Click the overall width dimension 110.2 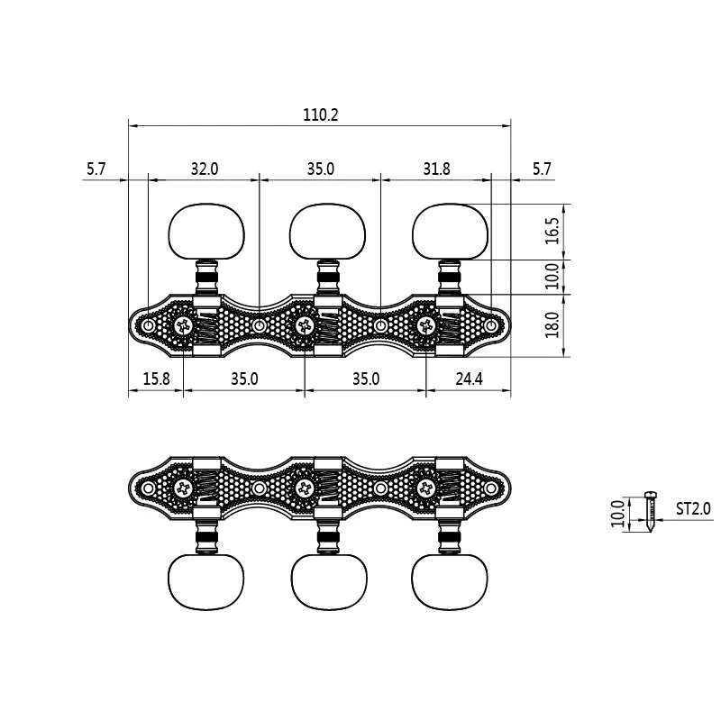[x=321, y=114]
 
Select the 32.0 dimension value [x=205, y=169]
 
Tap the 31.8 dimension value [x=436, y=169]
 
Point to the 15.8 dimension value [x=156, y=379]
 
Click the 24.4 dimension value [x=469, y=379]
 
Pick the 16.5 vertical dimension [x=552, y=231]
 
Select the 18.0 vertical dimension [x=552, y=324]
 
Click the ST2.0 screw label [x=693, y=508]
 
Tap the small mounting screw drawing [x=650, y=512]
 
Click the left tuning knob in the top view [x=206, y=232]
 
